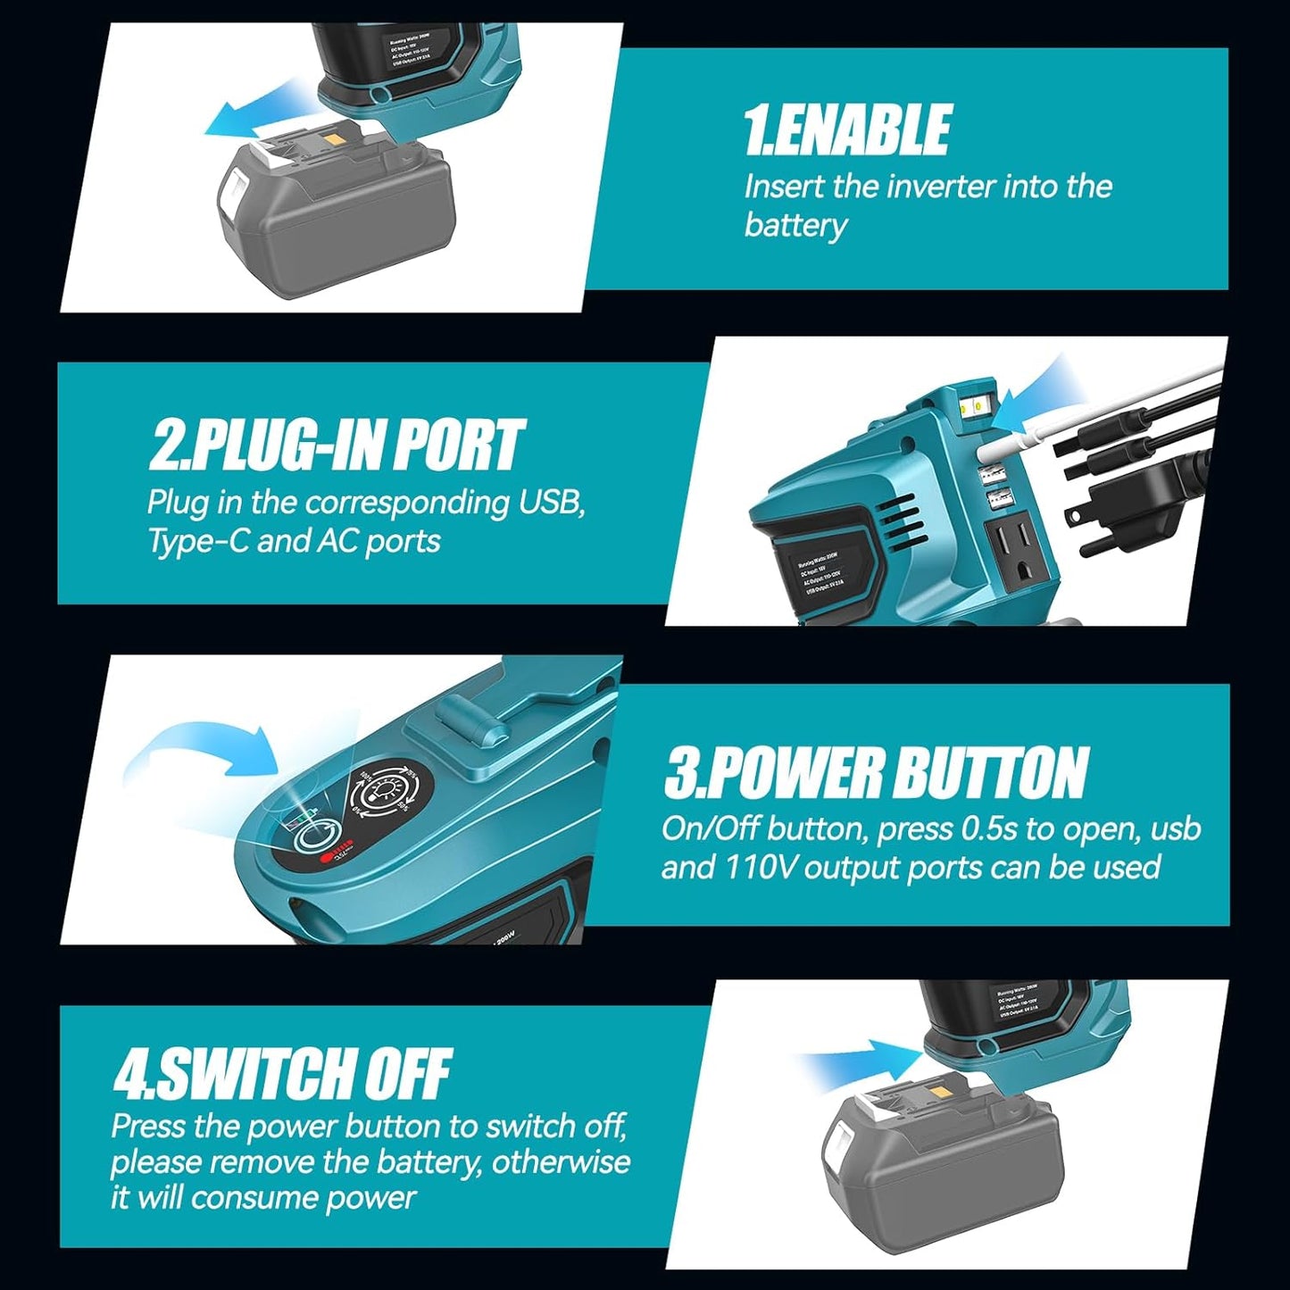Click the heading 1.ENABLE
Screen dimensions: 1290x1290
coord(846,130)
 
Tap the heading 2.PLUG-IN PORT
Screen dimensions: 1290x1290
coord(336,445)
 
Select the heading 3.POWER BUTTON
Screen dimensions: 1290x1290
coord(876,772)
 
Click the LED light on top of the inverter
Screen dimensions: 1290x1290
coord(974,406)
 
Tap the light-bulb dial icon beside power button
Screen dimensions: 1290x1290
coord(387,790)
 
